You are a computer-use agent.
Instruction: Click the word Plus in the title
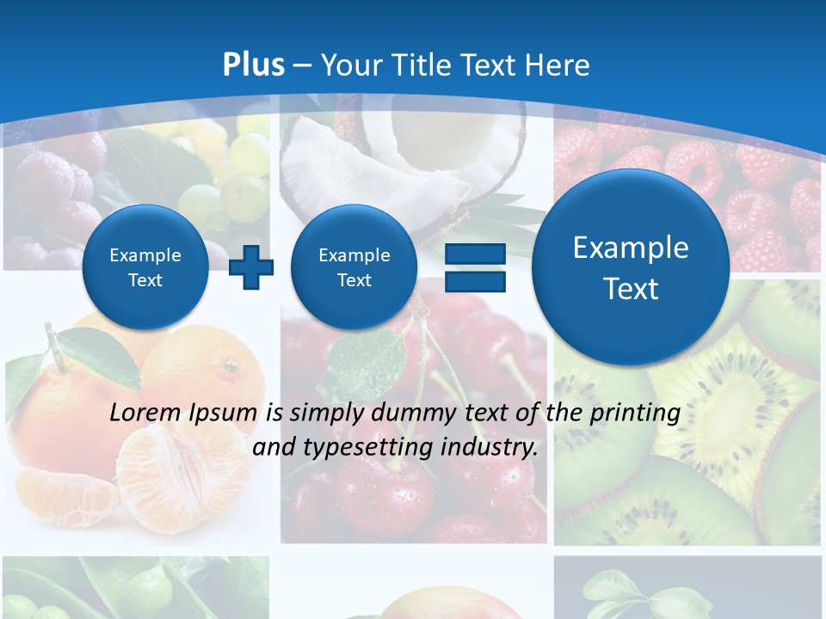254,64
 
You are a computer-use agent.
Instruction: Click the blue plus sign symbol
251,267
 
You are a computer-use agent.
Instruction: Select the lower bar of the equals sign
474,282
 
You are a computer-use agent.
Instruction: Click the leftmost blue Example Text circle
145,267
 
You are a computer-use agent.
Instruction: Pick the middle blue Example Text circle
354,267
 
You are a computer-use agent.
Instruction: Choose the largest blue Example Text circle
631,267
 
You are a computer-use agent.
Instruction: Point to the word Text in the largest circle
631,289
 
